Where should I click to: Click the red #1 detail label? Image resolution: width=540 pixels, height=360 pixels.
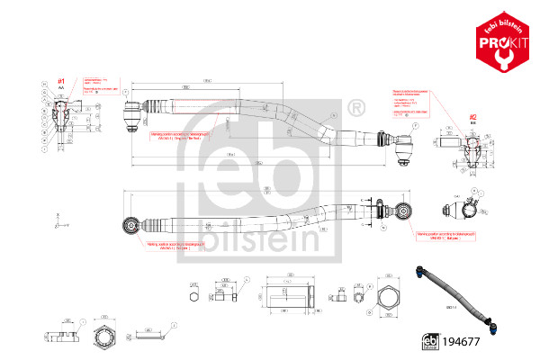(x=61, y=83)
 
